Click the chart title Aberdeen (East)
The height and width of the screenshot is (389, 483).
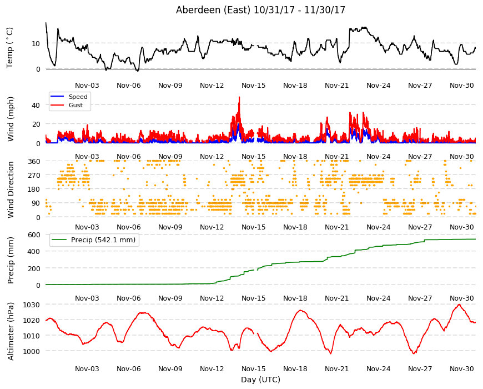(213, 10)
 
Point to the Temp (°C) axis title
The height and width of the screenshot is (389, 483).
(10, 48)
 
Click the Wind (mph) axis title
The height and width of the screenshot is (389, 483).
(11, 119)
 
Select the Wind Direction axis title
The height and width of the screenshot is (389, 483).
(11, 189)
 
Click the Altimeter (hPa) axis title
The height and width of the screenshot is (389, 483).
(11, 331)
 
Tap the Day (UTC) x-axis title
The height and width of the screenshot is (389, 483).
(260, 380)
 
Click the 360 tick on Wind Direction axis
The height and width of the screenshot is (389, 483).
(34, 161)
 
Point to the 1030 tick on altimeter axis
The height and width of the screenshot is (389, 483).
(32, 305)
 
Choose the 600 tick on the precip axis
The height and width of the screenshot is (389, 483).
(34, 235)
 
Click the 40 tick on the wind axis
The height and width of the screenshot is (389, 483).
(36, 105)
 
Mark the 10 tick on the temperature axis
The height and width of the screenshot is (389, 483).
(36, 43)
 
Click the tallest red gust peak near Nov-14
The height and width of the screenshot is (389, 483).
(239, 97)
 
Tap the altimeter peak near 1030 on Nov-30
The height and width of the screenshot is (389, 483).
(459, 305)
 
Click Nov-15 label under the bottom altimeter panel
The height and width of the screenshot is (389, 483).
(253, 368)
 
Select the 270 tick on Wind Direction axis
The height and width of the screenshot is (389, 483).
(34, 176)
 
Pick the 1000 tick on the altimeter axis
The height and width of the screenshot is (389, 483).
(32, 351)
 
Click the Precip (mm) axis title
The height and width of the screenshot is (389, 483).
(11, 260)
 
